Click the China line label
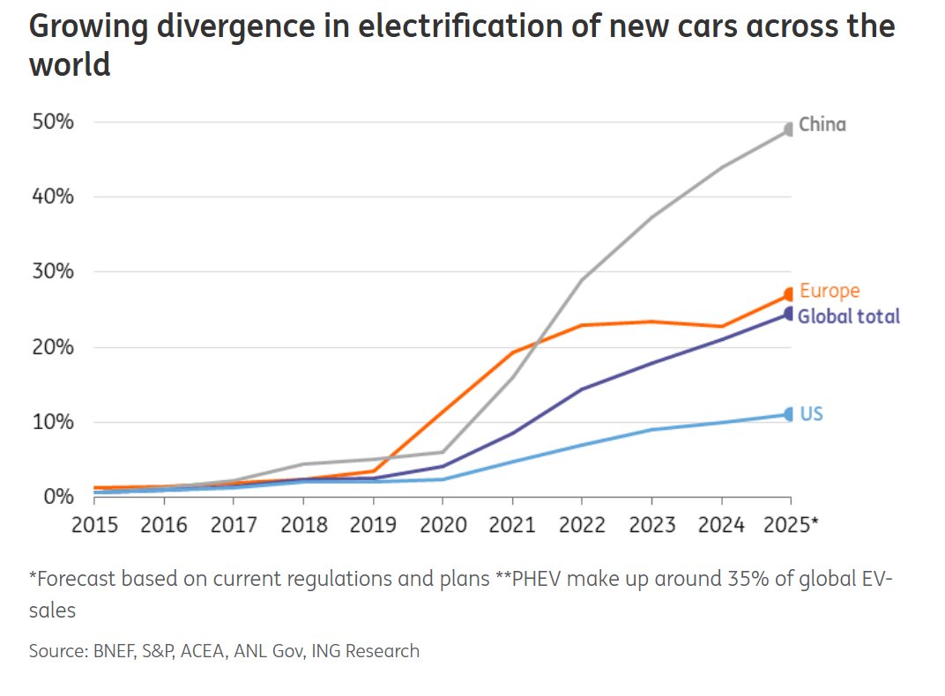pos(822,125)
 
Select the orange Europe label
pos(829,291)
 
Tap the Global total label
pos(848,316)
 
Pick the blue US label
pos(811,413)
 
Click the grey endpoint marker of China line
pos(789,130)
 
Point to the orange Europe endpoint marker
pos(789,294)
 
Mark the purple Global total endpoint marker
pos(789,314)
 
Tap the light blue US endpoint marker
pos(789,414)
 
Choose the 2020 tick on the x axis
pos(441,525)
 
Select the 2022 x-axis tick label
pos(580,525)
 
